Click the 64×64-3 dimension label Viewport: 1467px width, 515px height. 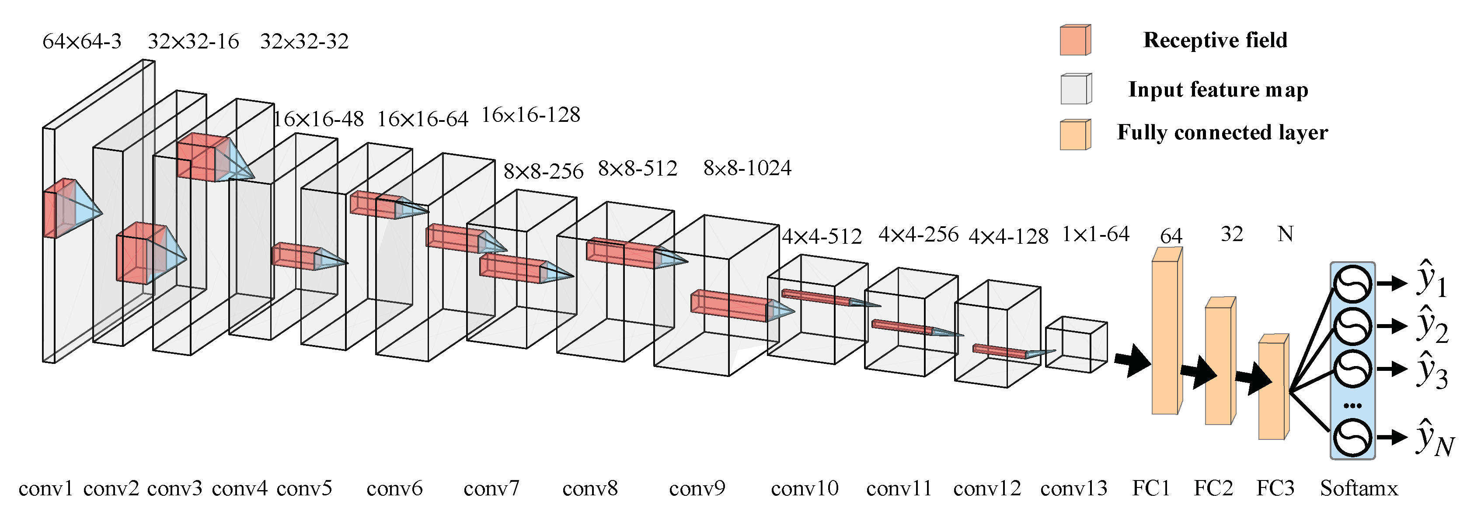click(x=82, y=41)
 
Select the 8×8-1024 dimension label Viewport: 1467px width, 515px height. click(x=747, y=169)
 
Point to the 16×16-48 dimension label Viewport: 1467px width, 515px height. click(x=318, y=120)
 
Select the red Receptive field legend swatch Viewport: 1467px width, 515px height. click(x=1075, y=40)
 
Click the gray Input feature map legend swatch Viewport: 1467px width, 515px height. click(x=1075, y=90)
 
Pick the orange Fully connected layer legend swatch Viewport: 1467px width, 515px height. click(x=1075, y=135)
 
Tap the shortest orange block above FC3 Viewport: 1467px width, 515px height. click(x=1272, y=390)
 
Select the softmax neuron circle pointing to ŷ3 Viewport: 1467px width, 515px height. click(x=1352, y=369)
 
